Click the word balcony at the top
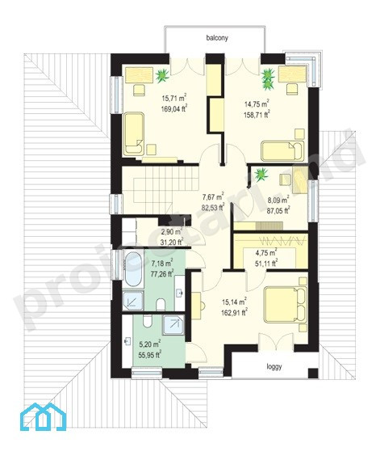click(x=217, y=38)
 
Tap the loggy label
click(x=274, y=367)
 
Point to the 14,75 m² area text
click(x=257, y=103)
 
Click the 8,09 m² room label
click(x=278, y=200)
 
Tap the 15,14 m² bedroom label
click(x=235, y=302)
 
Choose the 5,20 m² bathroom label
click(x=150, y=344)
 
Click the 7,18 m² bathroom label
click(x=162, y=264)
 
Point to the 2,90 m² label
click(x=171, y=232)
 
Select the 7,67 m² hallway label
click(x=213, y=196)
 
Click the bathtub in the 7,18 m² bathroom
click(x=133, y=269)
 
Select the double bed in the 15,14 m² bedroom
click(x=286, y=304)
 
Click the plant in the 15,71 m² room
click(x=162, y=75)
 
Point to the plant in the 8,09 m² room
click(x=261, y=174)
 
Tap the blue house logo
click(x=44, y=416)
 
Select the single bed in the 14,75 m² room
click(x=282, y=151)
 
